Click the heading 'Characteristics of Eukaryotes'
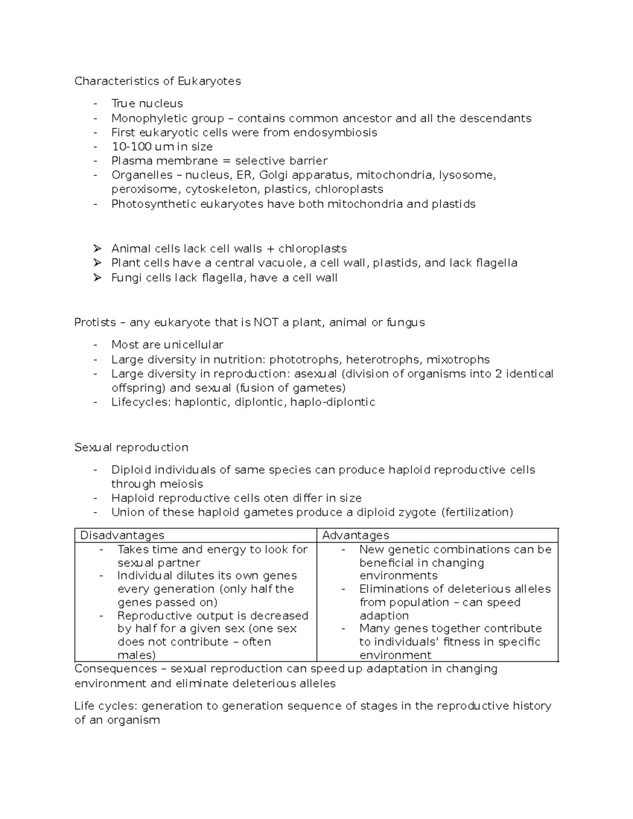pos(157,81)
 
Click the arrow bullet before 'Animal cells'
pos(97,248)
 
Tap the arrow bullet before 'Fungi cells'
pos(97,277)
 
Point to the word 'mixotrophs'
pos(458,360)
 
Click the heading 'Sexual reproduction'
pos(131,447)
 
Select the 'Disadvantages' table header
pos(122,535)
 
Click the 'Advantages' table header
pos(355,535)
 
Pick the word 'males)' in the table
pos(137,655)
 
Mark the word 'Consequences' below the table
pos(116,669)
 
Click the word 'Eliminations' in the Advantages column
pos(393,589)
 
